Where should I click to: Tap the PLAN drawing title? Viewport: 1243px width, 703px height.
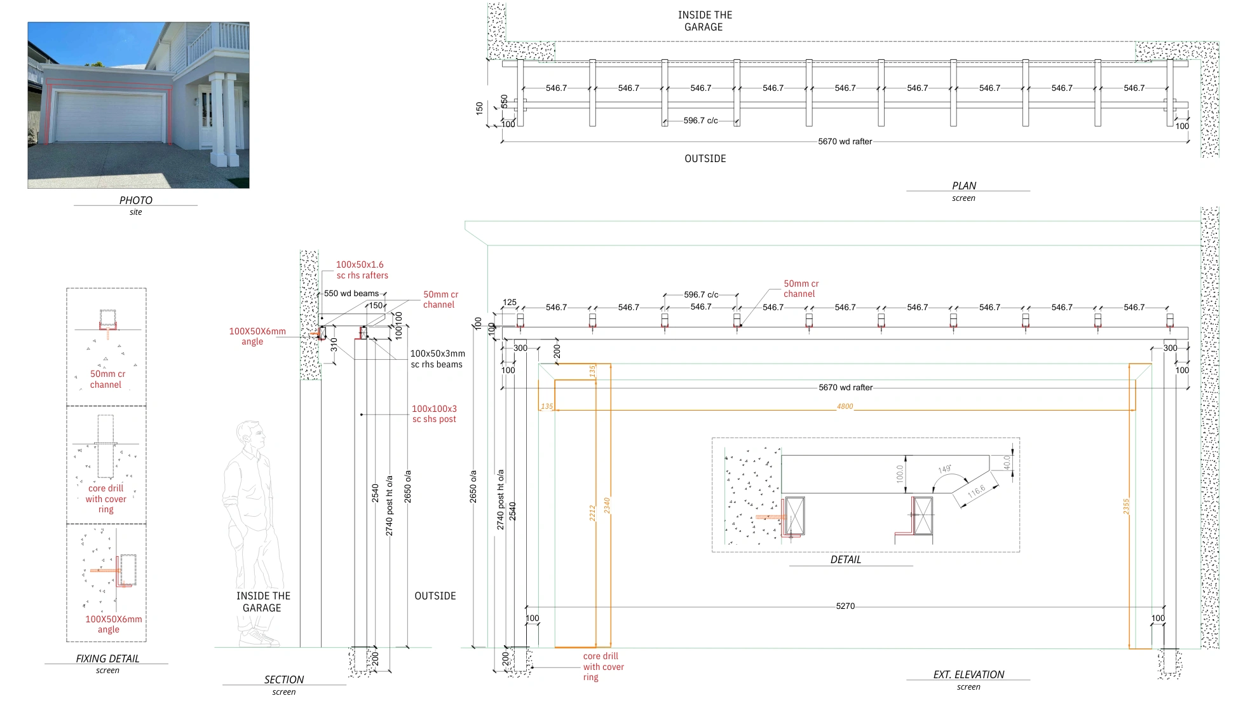pos(963,186)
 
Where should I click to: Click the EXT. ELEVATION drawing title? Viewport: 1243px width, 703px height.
pos(968,674)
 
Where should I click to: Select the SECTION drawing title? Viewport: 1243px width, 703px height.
pos(284,679)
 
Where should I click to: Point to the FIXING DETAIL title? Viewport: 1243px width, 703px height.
pos(107,659)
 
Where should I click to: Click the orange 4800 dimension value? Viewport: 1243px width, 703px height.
pos(845,406)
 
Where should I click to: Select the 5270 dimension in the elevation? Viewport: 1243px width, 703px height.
pos(845,606)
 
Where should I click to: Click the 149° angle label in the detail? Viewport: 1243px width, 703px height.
pos(944,469)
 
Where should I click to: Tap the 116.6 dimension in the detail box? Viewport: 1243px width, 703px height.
pos(976,491)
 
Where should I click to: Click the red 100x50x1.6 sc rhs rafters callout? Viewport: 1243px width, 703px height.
pos(362,270)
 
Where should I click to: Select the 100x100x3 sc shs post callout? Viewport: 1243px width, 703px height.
pos(434,414)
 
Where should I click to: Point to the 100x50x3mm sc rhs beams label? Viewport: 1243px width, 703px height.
pos(437,359)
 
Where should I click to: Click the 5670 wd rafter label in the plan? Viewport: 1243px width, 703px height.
pos(845,142)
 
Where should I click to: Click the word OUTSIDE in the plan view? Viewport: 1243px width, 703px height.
pos(705,159)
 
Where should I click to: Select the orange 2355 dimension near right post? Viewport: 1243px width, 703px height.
pos(1126,507)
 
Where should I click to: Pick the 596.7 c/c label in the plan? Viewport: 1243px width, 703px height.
pos(700,121)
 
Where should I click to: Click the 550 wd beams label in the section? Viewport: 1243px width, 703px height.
pos(351,294)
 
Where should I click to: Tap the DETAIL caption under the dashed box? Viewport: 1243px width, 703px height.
pos(845,559)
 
